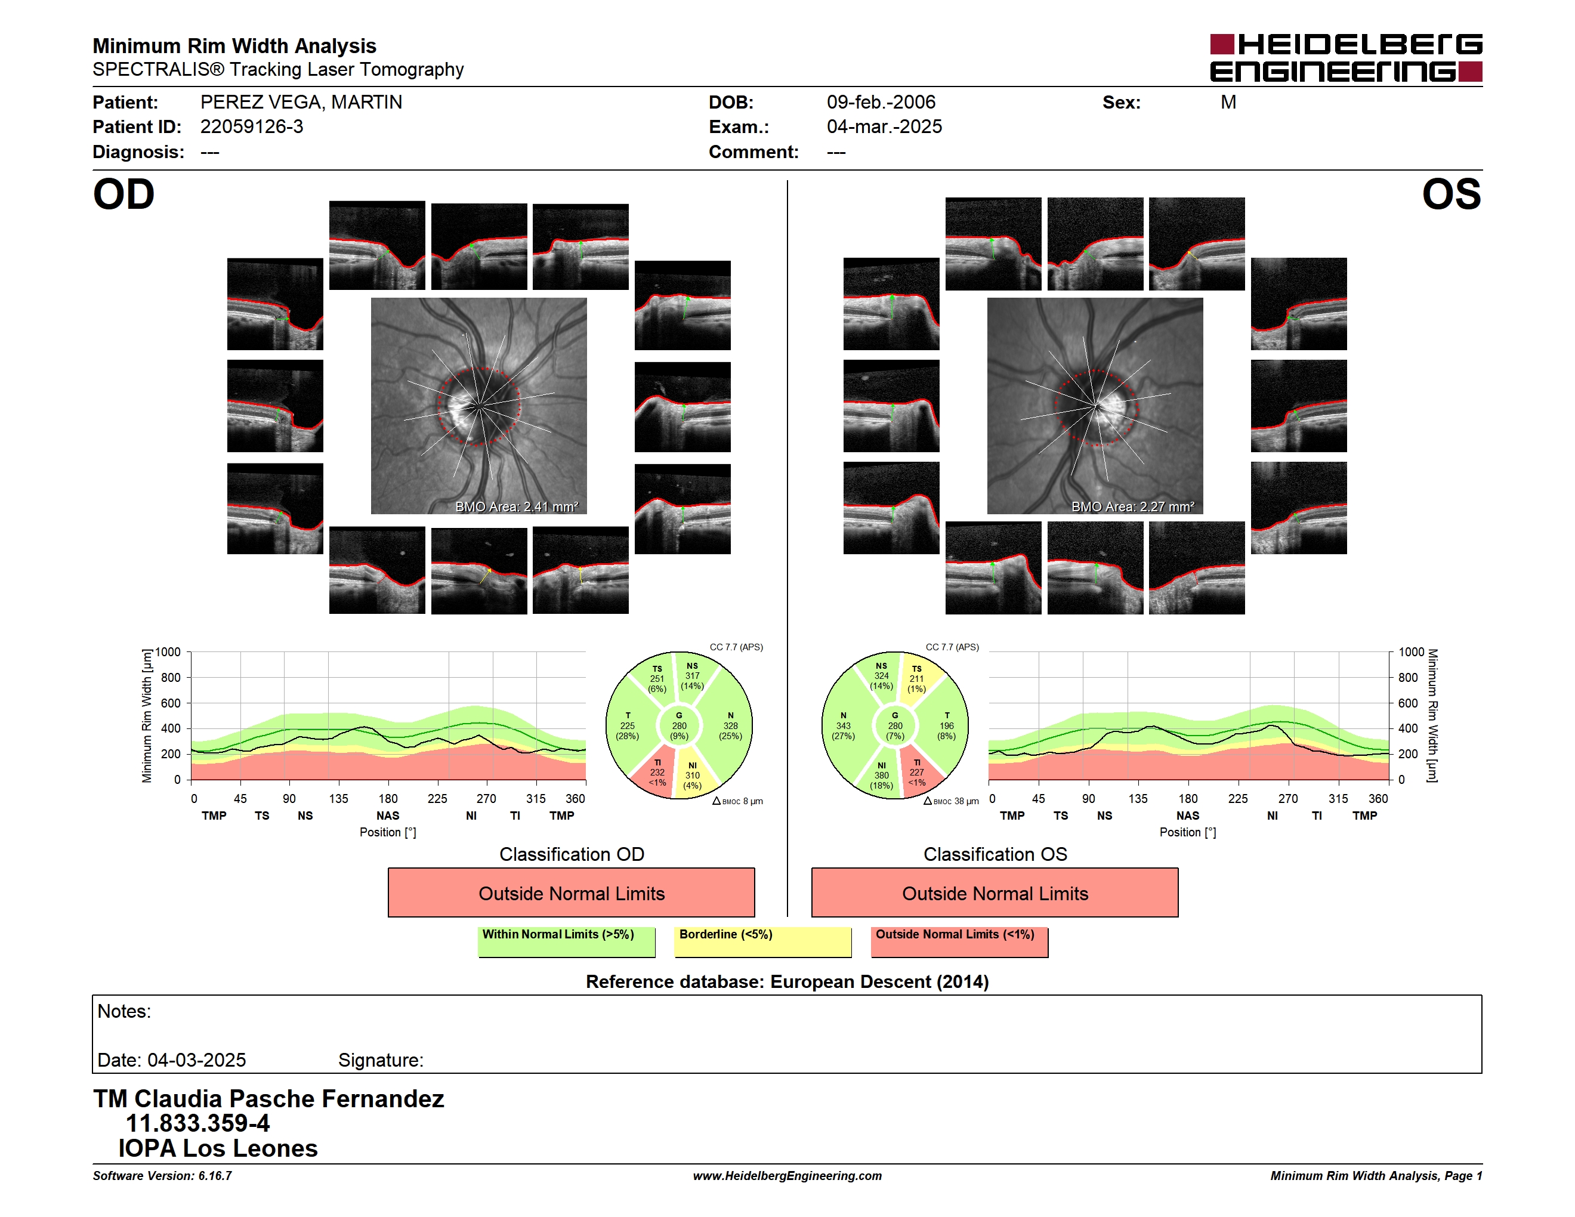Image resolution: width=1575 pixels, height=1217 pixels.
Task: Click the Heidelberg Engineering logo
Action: point(1346,58)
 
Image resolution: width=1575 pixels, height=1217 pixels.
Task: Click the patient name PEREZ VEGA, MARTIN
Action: point(301,103)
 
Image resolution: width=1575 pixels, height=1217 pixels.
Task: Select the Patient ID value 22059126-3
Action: point(252,127)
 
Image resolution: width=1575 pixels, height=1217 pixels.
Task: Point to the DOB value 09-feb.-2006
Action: point(881,103)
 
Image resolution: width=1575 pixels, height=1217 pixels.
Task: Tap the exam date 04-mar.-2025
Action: point(884,127)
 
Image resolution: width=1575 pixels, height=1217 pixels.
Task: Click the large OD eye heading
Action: point(123,194)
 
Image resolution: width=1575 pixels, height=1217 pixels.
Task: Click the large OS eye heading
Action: point(1451,194)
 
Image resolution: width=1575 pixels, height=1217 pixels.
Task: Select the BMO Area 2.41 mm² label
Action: point(516,507)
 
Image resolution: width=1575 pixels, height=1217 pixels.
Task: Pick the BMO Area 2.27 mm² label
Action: point(1132,507)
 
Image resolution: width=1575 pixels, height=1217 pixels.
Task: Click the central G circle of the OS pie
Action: point(895,726)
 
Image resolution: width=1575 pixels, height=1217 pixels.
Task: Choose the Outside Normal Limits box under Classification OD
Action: point(571,892)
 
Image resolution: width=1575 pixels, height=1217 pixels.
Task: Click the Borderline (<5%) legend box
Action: point(763,941)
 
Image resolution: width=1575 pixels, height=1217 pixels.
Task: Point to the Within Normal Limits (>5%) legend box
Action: point(566,941)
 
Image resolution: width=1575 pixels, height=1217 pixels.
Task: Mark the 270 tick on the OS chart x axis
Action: point(1288,799)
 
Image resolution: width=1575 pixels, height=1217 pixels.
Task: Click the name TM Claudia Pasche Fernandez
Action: point(268,1098)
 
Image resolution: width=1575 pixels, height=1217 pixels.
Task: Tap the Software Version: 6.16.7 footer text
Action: point(162,1176)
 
